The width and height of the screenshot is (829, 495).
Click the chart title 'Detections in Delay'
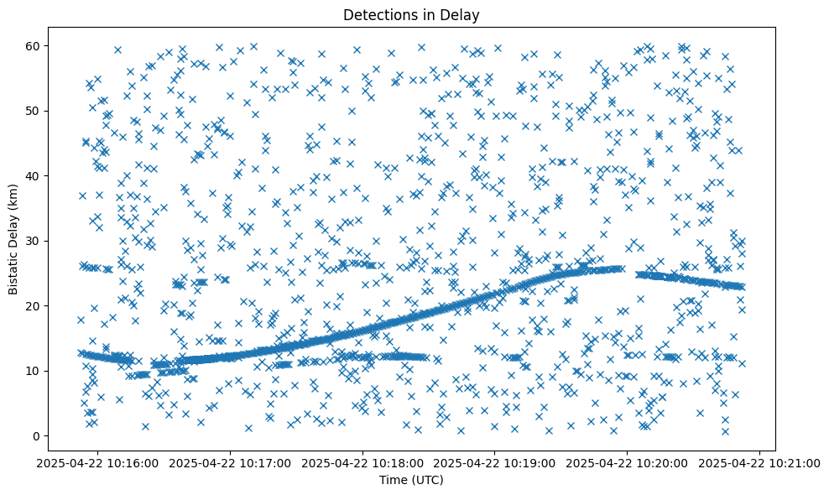(x=412, y=14)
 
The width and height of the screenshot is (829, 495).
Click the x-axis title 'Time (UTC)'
(x=412, y=481)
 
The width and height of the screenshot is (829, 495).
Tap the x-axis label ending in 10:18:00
(x=364, y=462)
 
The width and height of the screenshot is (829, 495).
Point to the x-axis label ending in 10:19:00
(x=496, y=462)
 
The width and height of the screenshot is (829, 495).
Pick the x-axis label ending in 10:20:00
(x=628, y=462)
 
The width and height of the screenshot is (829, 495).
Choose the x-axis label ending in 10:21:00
(x=760, y=462)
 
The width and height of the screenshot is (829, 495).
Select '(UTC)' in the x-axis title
(x=427, y=481)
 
